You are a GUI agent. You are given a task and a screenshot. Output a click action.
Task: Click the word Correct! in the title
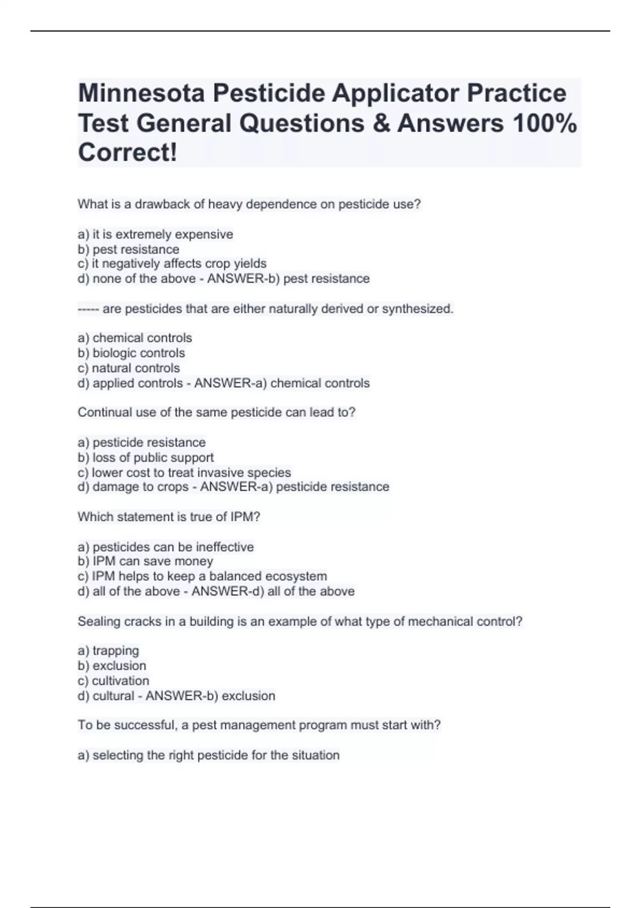tap(127, 153)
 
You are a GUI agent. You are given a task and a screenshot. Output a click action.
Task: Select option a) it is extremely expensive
tap(155, 234)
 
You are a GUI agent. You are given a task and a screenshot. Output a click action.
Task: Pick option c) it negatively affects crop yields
tap(172, 264)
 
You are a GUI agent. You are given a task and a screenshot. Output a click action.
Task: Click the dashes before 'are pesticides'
tap(88, 309)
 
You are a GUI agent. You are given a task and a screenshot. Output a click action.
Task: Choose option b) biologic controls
tap(131, 353)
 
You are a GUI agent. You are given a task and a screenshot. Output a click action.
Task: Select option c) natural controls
tap(129, 368)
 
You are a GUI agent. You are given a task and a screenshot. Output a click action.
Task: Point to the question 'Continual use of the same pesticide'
tap(216, 412)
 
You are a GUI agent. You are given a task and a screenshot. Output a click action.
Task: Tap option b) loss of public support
tap(146, 458)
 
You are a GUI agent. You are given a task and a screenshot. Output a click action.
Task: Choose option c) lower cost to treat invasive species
tap(184, 473)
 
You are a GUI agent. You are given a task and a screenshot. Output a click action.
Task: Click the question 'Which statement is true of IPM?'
tap(169, 517)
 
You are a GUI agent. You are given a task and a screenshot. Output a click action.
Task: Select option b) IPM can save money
tap(145, 561)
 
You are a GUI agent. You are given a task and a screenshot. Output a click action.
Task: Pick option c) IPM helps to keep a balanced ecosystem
tap(202, 576)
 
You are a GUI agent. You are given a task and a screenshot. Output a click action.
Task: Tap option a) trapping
tap(108, 651)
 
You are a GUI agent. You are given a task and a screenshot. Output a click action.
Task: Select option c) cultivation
tap(113, 681)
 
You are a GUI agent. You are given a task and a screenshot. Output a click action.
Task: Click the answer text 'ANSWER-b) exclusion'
tap(210, 696)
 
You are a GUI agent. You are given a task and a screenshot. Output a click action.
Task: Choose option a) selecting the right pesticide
tap(209, 755)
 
